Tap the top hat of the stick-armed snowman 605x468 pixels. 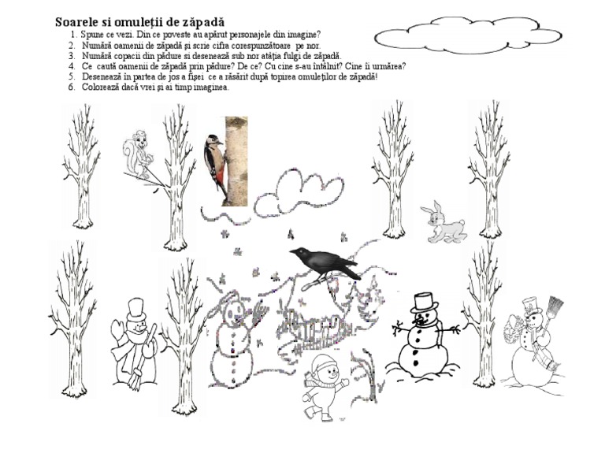click(x=424, y=303)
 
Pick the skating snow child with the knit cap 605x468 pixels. click(x=325, y=387)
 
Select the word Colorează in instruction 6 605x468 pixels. click(x=98, y=87)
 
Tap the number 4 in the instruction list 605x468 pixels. click(x=72, y=66)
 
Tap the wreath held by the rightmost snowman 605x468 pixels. click(x=514, y=329)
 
